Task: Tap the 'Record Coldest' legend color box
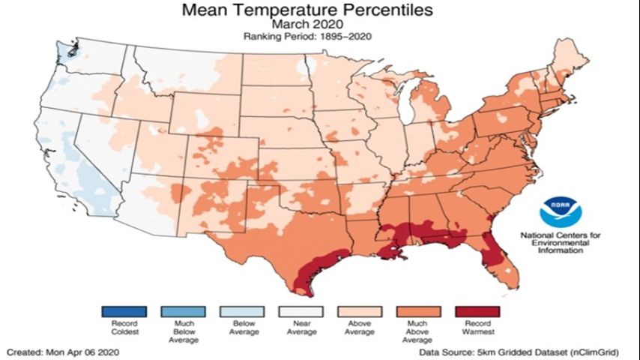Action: (x=124, y=311)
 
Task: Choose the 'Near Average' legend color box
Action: (x=301, y=311)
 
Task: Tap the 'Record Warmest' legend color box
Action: (x=477, y=311)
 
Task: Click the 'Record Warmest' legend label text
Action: (x=477, y=328)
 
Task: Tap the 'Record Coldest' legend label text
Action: (x=124, y=328)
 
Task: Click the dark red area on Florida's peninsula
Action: (x=492, y=251)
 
